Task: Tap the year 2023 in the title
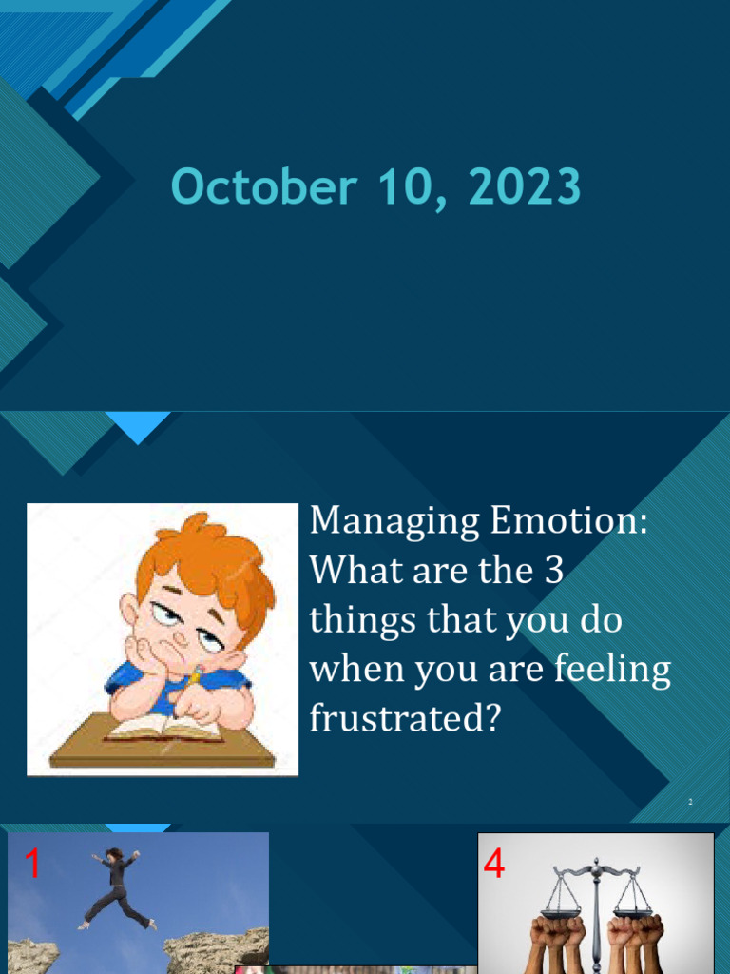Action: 524,187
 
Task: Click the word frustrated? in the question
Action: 405,719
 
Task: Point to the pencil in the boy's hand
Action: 195,676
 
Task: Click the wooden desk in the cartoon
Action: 162,751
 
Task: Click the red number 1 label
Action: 33,866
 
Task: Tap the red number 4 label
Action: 494,866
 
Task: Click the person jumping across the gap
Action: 116,887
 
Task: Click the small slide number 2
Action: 690,803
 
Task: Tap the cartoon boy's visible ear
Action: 129,610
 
